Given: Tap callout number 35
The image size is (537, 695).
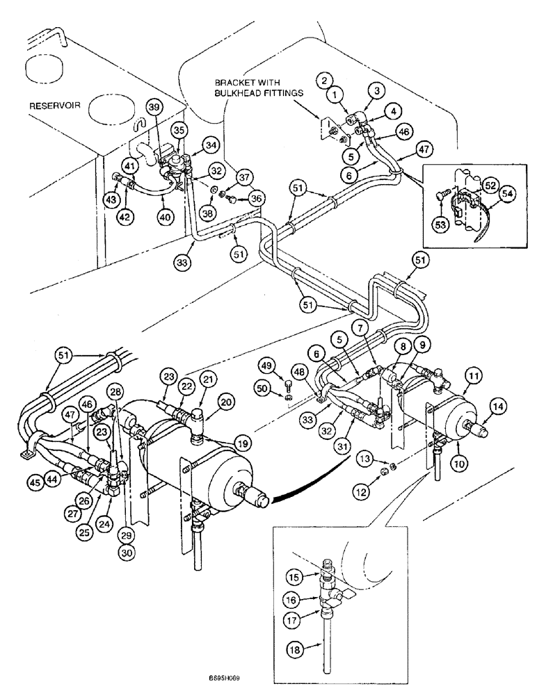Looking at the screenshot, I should pos(179,129).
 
